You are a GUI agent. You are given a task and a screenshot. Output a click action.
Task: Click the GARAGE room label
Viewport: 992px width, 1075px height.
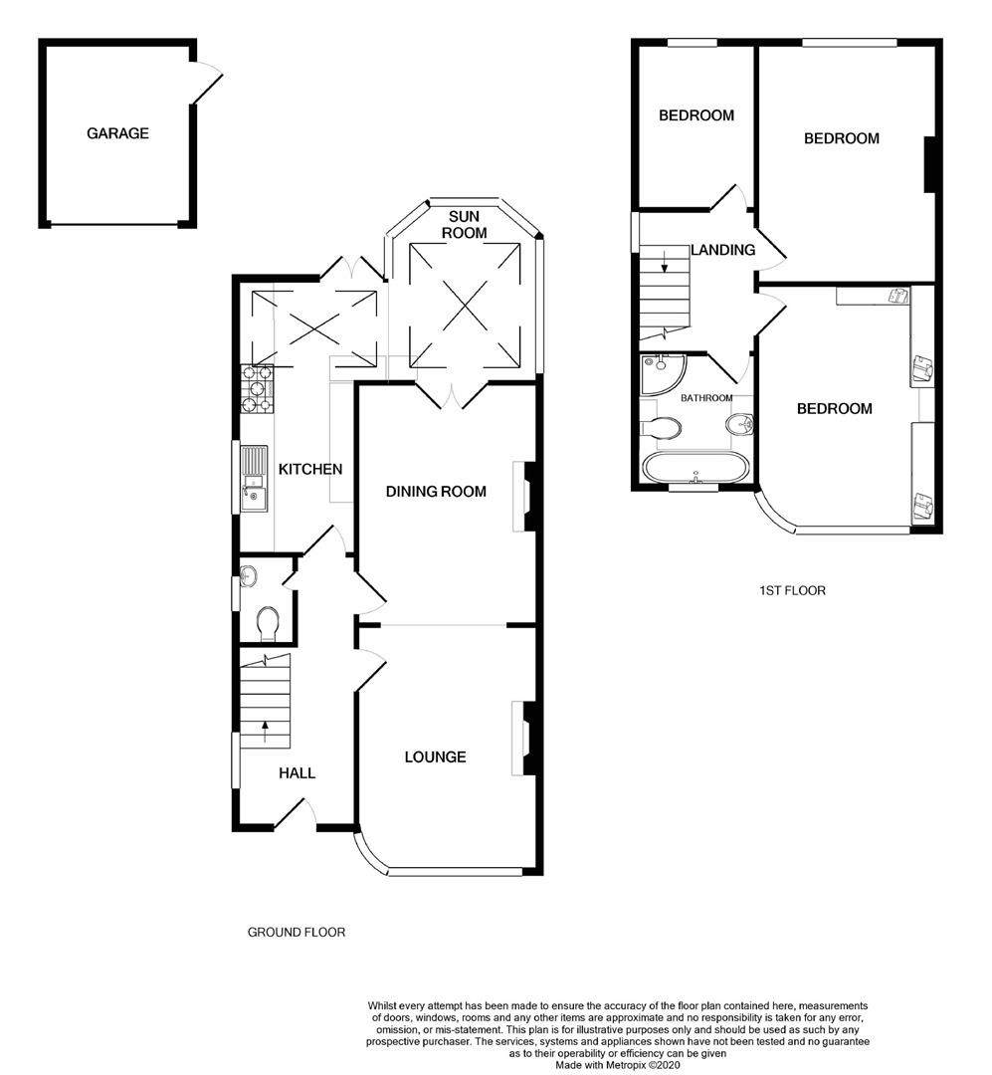117,133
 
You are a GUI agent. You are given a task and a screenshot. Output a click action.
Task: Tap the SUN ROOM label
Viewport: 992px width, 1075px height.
467,224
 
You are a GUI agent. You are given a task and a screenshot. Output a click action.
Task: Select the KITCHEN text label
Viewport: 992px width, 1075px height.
310,469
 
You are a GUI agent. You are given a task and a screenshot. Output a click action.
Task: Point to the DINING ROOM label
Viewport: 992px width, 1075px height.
436,491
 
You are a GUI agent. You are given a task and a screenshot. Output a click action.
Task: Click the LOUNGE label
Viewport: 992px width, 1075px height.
435,756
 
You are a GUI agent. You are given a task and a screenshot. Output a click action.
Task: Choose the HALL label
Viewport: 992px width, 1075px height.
297,772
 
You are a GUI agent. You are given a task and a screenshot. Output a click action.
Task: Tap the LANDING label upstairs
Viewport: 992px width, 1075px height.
723,250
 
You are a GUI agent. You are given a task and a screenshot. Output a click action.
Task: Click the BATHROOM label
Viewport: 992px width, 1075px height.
706,398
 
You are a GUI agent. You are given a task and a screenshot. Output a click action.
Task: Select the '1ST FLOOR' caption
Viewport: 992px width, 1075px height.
792,590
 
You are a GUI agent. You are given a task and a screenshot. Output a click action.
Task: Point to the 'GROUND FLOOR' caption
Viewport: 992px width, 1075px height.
297,933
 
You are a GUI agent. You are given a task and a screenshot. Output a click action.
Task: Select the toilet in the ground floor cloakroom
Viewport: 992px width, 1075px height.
267,624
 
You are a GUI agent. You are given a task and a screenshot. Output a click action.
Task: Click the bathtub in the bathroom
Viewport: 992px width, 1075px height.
695,468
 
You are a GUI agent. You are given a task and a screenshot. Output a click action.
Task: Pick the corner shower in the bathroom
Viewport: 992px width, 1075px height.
661,371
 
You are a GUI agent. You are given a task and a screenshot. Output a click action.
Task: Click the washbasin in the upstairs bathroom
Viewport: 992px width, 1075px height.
739,426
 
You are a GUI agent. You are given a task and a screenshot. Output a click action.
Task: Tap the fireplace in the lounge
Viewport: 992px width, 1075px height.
521,738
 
